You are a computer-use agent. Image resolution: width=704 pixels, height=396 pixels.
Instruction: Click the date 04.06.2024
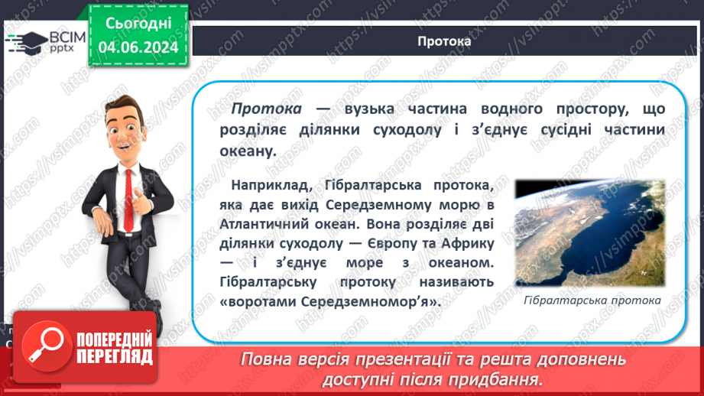tap(138, 47)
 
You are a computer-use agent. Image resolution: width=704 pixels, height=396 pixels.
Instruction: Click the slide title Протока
tap(445, 41)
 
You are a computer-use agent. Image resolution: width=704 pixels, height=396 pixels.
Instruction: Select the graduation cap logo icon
tap(29, 42)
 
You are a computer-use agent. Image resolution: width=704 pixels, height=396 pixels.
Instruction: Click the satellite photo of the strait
tap(589, 233)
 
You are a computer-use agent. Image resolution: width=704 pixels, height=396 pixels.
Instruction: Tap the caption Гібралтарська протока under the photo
tap(593, 300)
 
